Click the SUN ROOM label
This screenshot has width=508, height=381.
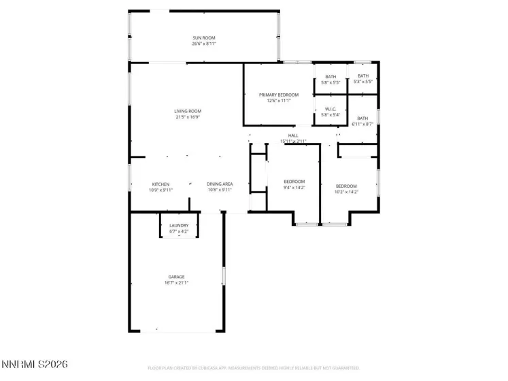tap(203, 38)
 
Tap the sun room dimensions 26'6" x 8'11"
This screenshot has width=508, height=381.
tap(203, 44)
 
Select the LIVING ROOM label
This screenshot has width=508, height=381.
tap(188, 111)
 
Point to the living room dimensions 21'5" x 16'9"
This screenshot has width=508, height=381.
tap(188, 117)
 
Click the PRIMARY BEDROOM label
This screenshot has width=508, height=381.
tap(279, 95)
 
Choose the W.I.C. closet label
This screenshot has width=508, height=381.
tap(331, 109)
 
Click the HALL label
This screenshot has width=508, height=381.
tap(293, 135)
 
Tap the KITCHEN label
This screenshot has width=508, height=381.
tap(160, 184)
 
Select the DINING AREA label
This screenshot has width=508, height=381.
tap(220, 184)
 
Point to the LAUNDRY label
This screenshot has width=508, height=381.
tap(179, 226)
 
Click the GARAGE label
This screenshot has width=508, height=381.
tap(177, 276)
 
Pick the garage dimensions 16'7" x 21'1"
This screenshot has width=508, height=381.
tap(177, 282)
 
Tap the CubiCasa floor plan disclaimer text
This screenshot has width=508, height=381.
tap(254, 368)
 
